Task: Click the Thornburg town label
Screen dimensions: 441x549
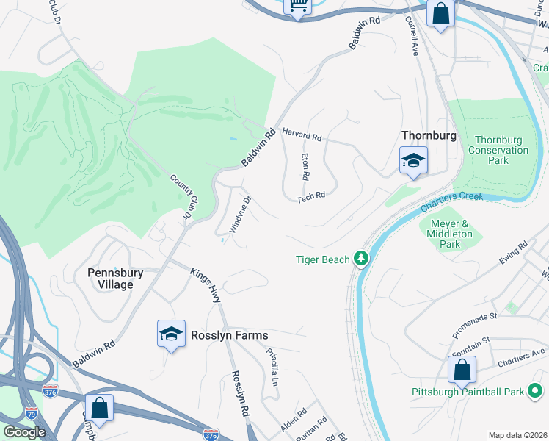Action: [429, 136]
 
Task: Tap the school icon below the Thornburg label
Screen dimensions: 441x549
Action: [413, 161]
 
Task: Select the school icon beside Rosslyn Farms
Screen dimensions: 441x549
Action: [171, 334]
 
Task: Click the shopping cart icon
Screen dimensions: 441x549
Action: [298, 6]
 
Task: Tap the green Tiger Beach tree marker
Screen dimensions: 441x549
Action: [360, 259]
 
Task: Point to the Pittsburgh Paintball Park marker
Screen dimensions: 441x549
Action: [537, 392]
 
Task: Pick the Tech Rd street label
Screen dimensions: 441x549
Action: [310, 197]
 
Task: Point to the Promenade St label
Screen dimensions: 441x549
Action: [475, 323]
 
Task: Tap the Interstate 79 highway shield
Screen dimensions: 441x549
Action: [31, 412]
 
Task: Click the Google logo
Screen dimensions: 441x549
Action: [24, 432]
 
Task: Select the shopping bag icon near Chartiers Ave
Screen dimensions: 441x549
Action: [462, 370]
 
